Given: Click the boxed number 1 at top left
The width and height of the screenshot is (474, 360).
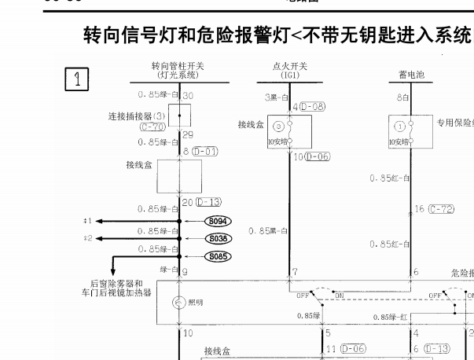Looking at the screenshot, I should coord(77,78).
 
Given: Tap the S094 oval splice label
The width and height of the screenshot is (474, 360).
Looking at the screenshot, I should coord(219,222).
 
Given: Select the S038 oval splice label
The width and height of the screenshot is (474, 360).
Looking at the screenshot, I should coord(219,238).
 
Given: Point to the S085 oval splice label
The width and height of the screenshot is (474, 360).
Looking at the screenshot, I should coord(219,255).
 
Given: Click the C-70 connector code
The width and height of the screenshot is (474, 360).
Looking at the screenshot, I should coord(153,126).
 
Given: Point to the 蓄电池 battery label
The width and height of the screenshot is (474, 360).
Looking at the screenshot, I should coord(411,75).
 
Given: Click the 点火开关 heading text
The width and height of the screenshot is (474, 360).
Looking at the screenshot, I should coord(288,68).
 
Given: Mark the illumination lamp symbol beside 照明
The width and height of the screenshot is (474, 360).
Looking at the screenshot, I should coord(177,303).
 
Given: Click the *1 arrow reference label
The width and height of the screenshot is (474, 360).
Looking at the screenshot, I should coord(88,221).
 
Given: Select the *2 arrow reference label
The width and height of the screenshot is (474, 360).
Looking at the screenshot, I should coord(88,237).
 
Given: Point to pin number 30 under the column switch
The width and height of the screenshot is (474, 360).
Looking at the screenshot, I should coord(188,96).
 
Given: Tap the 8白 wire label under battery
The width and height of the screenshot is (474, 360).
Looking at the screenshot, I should coord(402,97).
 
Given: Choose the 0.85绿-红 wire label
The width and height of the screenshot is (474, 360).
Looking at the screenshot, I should coord(391,317).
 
